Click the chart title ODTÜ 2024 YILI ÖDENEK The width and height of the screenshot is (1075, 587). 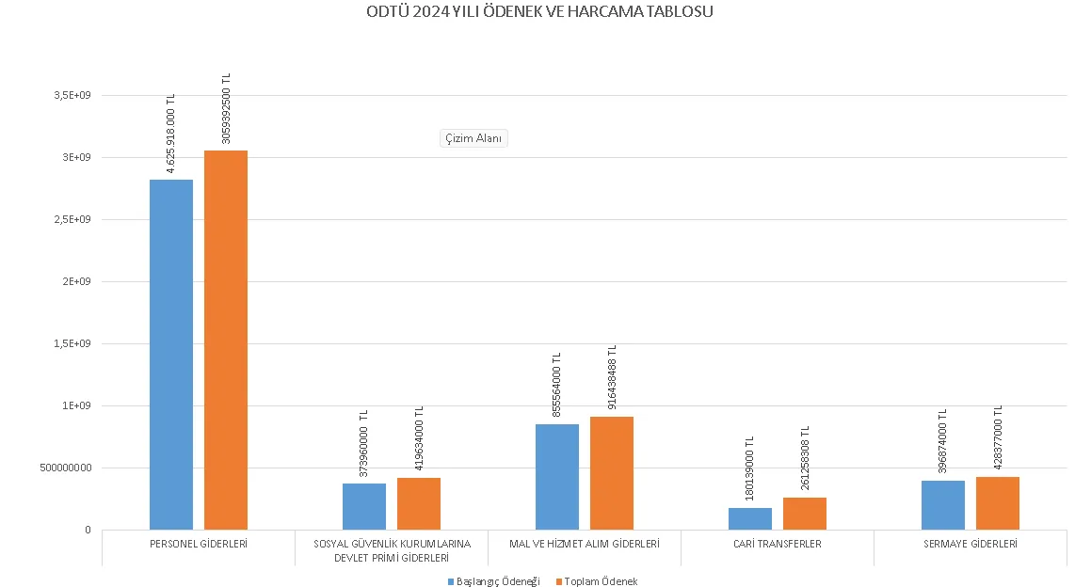pos(537,12)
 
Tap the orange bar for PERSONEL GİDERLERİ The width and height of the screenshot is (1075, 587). pos(226,340)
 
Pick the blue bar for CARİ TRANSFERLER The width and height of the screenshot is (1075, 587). pos(750,518)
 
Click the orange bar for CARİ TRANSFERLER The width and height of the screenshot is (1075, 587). pos(805,514)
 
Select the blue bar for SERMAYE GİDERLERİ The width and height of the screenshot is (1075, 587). pos(943,505)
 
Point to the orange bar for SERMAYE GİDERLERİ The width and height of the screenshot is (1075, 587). pos(998,503)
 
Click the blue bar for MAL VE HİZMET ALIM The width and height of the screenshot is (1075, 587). pos(557,477)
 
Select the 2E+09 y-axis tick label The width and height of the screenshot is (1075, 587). pos(75,281)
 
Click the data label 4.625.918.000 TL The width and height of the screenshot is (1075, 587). pos(171,134)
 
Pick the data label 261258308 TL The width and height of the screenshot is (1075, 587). pos(805,458)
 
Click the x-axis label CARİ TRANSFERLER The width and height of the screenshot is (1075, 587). pos(778,544)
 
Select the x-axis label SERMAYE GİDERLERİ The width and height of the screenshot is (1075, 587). pos(971,544)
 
